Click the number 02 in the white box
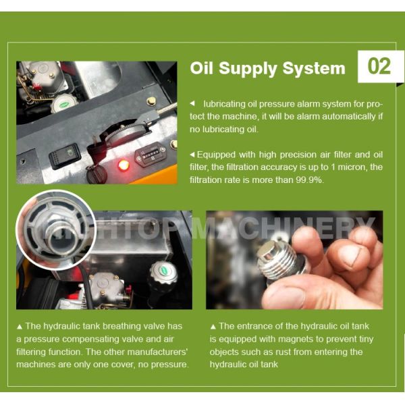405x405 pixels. tap(379, 66)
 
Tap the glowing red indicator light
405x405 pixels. tap(124, 165)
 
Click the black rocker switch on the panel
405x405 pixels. tap(65, 156)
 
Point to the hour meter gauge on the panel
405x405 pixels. tap(151, 155)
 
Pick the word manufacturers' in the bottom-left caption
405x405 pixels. tap(157, 352)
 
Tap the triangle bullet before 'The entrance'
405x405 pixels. tap(213, 327)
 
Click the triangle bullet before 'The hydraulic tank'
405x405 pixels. tap(20, 327)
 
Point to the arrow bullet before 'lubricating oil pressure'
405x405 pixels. tap(192, 103)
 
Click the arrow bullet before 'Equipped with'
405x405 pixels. tap(192, 155)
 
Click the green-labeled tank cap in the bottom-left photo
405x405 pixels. tap(164, 272)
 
